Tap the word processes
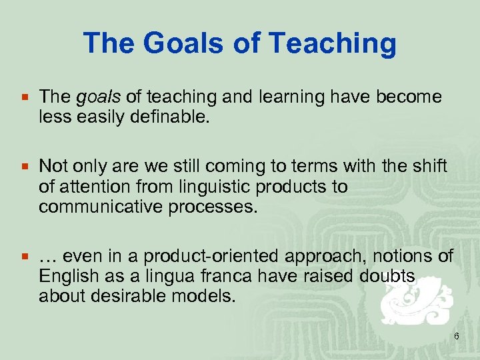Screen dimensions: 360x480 click(211, 207)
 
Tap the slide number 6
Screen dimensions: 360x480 click(456, 337)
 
